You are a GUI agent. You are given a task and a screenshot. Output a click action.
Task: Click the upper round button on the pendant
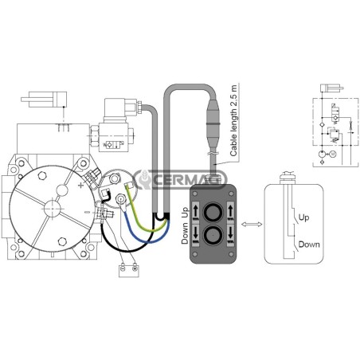(213, 212)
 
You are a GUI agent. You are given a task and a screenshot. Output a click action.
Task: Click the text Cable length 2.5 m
(233, 121)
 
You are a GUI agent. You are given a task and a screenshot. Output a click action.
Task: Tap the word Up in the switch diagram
(303, 217)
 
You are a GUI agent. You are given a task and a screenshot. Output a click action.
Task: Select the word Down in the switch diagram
(309, 245)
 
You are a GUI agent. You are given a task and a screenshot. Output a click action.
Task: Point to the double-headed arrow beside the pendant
(252, 225)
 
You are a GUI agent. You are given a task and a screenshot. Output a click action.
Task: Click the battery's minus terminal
(123, 268)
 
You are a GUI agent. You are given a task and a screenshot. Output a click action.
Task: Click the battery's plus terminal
(135, 268)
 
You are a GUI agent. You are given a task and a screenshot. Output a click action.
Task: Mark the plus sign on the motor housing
(81, 186)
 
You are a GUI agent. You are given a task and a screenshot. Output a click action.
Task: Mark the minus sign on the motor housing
(87, 212)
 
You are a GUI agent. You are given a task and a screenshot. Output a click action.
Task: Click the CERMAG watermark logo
(181, 180)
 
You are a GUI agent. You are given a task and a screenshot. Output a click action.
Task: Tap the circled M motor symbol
(333, 154)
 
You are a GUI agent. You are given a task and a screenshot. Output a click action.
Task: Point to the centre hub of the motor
(53, 209)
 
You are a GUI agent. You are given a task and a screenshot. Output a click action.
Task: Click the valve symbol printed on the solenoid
(113, 144)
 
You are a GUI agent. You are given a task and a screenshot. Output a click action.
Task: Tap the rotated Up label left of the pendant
(185, 213)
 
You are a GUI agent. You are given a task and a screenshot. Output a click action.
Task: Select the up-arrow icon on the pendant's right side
(230, 211)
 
